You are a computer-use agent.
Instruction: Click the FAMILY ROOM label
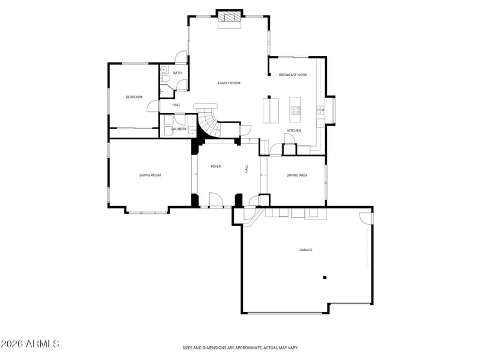pyautogui.click(x=229, y=83)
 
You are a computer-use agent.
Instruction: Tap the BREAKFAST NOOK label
pyautogui.click(x=293, y=75)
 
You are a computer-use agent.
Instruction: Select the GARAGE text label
pyautogui.click(x=306, y=250)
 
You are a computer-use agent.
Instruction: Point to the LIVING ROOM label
pyautogui.click(x=150, y=175)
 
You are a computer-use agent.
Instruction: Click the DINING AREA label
pyautogui.click(x=297, y=175)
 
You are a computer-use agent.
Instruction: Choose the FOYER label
pyautogui.click(x=216, y=166)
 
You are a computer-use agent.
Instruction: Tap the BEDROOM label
pyautogui.click(x=134, y=97)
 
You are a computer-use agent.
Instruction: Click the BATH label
pyautogui.click(x=177, y=73)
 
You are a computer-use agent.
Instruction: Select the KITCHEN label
pyautogui.click(x=294, y=130)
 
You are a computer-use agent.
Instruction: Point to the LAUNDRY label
pyautogui.click(x=179, y=129)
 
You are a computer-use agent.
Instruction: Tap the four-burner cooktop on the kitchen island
pyautogui.click(x=296, y=110)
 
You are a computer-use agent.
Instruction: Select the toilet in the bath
pyautogui.click(x=164, y=79)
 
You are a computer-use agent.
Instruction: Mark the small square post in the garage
pyautogui.click(x=325, y=278)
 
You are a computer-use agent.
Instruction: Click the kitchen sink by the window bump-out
pyautogui.click(x=320, y=110)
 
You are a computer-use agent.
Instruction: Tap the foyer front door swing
pyautogui.click(x=216, y=200)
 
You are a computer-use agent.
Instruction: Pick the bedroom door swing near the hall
pyautogui.click(x=153, y=106)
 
